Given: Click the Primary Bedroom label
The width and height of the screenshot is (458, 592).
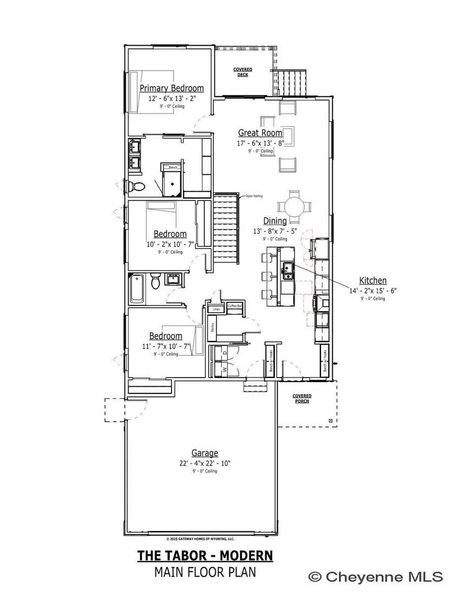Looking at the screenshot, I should click(x=171, y=88).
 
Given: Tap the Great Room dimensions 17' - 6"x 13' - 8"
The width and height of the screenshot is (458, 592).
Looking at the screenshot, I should click(x=260, y=143).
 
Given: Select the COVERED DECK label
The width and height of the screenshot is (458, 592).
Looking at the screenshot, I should click(x=243, y=72).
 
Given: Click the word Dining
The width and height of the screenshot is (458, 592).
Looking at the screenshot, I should click(x=275, y=221).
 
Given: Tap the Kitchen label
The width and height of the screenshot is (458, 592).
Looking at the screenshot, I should click(x=373, y=280).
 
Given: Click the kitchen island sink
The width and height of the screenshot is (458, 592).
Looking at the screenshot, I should click(x=288, y=270).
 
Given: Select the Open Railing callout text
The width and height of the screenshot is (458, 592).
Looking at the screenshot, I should click(x=253, y=196).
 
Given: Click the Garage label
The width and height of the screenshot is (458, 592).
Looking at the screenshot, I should click(x=205, y=453).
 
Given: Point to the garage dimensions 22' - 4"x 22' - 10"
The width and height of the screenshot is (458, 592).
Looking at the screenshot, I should click(x=205, y=462).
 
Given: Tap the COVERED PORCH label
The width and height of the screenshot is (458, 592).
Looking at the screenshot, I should click(x=302, y=398).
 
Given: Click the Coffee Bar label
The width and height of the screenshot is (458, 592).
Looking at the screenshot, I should click(x=234, y=306).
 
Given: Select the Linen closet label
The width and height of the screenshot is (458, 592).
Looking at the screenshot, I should click(x=216, y=309).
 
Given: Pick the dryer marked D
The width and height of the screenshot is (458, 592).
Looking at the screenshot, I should click(x=224, y=352).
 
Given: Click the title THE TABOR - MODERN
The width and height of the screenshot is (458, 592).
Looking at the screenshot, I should click(x=205, y=555).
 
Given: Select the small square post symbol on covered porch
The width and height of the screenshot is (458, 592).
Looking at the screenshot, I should click(x=330, y=421).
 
